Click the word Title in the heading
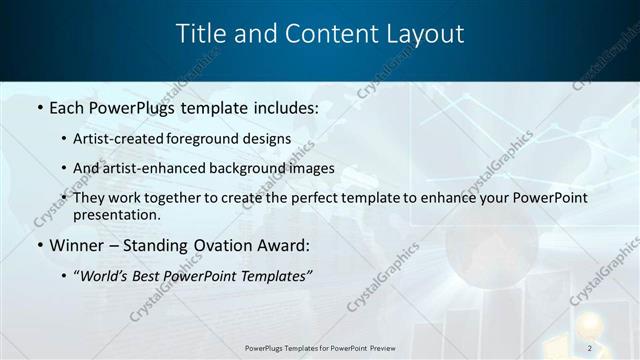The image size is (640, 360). [x=200, y=33]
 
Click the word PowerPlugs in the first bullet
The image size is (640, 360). [x=134, y=105]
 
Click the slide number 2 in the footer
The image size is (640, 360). [x=590, y=347]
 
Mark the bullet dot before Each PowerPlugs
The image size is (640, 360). [x=39, y=106]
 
